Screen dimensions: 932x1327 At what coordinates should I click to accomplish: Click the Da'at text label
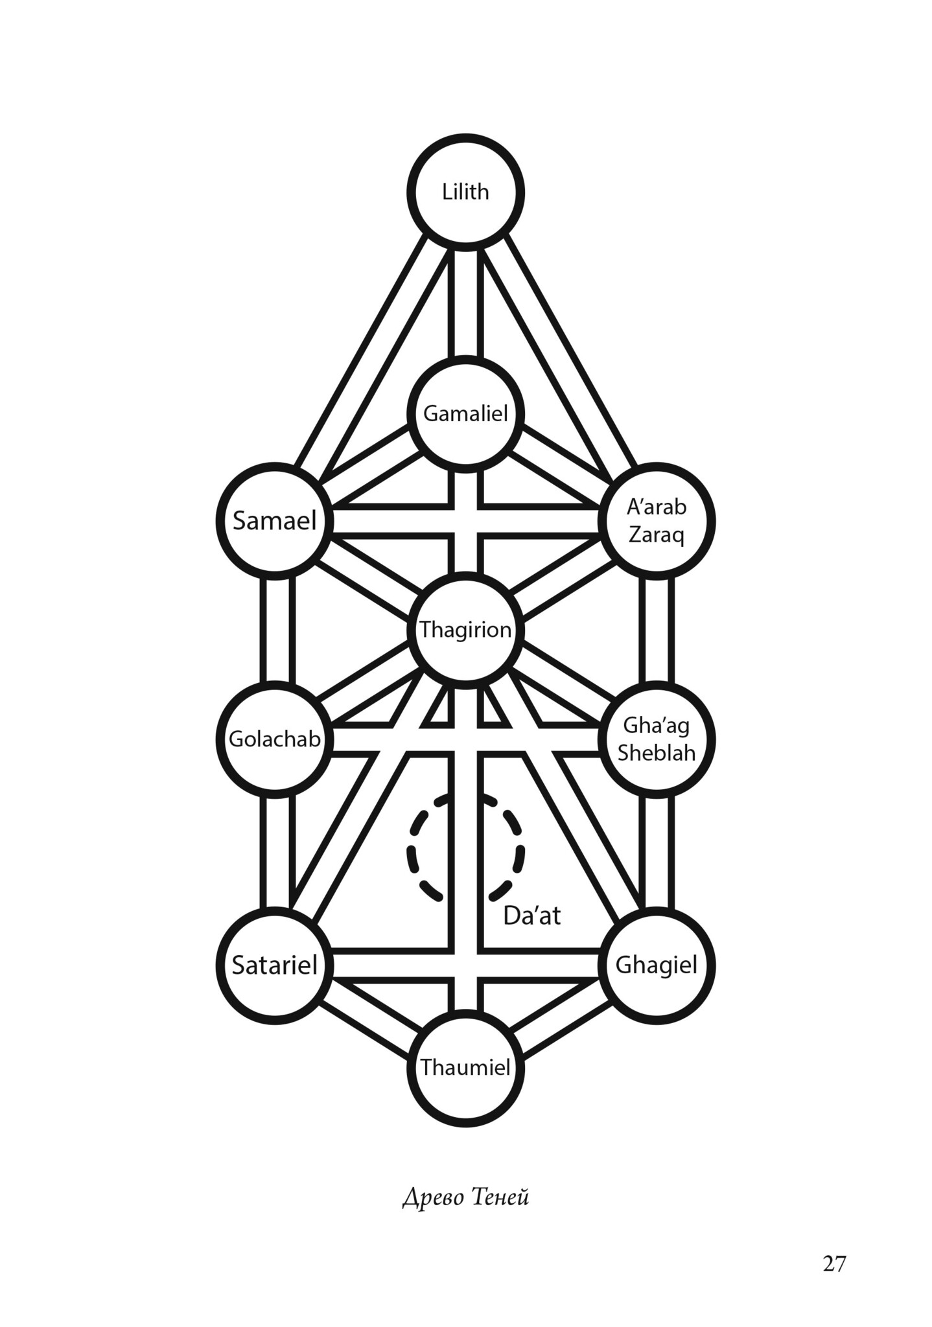(x=531, y=916)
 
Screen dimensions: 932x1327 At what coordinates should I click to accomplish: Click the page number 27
(x=834, y=1262)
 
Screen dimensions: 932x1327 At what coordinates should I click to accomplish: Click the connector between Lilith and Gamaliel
(x=466, y=303)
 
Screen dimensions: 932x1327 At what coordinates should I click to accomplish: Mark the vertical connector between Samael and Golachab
(x=277, y=630)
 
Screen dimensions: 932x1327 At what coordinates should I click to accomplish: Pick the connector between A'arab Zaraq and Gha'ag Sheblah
(x=657, y=630)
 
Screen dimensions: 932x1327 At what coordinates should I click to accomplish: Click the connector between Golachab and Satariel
(x=277, y=852)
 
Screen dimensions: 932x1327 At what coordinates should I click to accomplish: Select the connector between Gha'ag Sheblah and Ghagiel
(x=657, y=852)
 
